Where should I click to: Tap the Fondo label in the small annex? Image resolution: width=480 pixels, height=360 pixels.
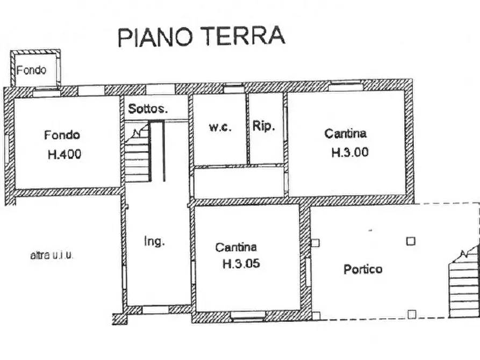31,70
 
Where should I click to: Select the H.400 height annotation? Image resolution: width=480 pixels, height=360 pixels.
64,155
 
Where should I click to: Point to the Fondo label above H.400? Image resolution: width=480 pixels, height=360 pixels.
62,135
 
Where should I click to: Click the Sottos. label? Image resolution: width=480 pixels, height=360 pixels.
148,109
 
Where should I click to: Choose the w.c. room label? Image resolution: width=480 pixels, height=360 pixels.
220,127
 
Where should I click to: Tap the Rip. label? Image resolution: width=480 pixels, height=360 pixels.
264,127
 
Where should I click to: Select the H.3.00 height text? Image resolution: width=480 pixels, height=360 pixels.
350,152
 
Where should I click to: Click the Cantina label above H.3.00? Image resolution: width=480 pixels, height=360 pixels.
345,133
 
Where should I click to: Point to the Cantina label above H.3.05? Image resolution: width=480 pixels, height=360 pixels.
236,247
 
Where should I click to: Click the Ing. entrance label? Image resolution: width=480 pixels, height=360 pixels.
154,241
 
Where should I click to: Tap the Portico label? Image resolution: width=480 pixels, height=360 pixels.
363,269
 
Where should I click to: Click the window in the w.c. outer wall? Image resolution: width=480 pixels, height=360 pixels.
233,89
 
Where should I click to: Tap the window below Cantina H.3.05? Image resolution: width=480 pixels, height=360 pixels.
248,317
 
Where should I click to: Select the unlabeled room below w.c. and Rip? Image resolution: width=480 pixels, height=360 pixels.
239,183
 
